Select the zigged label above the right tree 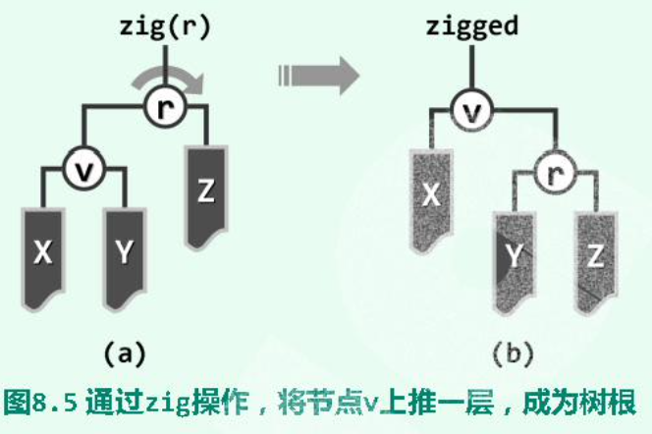point(471,27)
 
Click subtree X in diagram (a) point(41,252)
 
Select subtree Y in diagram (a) point(124,252)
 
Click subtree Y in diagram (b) point(513,257)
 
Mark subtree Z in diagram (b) point(594,257)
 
